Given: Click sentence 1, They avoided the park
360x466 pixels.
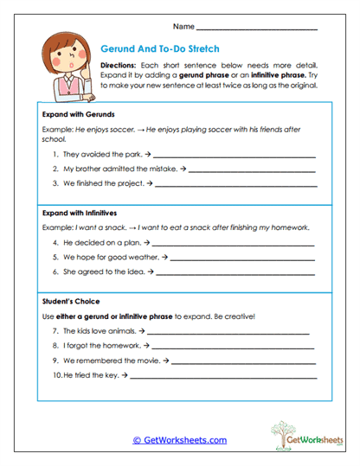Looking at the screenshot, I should [99, 155].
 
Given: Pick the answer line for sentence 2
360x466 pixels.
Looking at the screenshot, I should [251, 170].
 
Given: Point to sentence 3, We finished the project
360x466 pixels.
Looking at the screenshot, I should [104, 183].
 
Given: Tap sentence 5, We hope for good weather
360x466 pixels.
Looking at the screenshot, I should [108, 258].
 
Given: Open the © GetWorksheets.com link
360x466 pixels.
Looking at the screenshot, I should [179, 440].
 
